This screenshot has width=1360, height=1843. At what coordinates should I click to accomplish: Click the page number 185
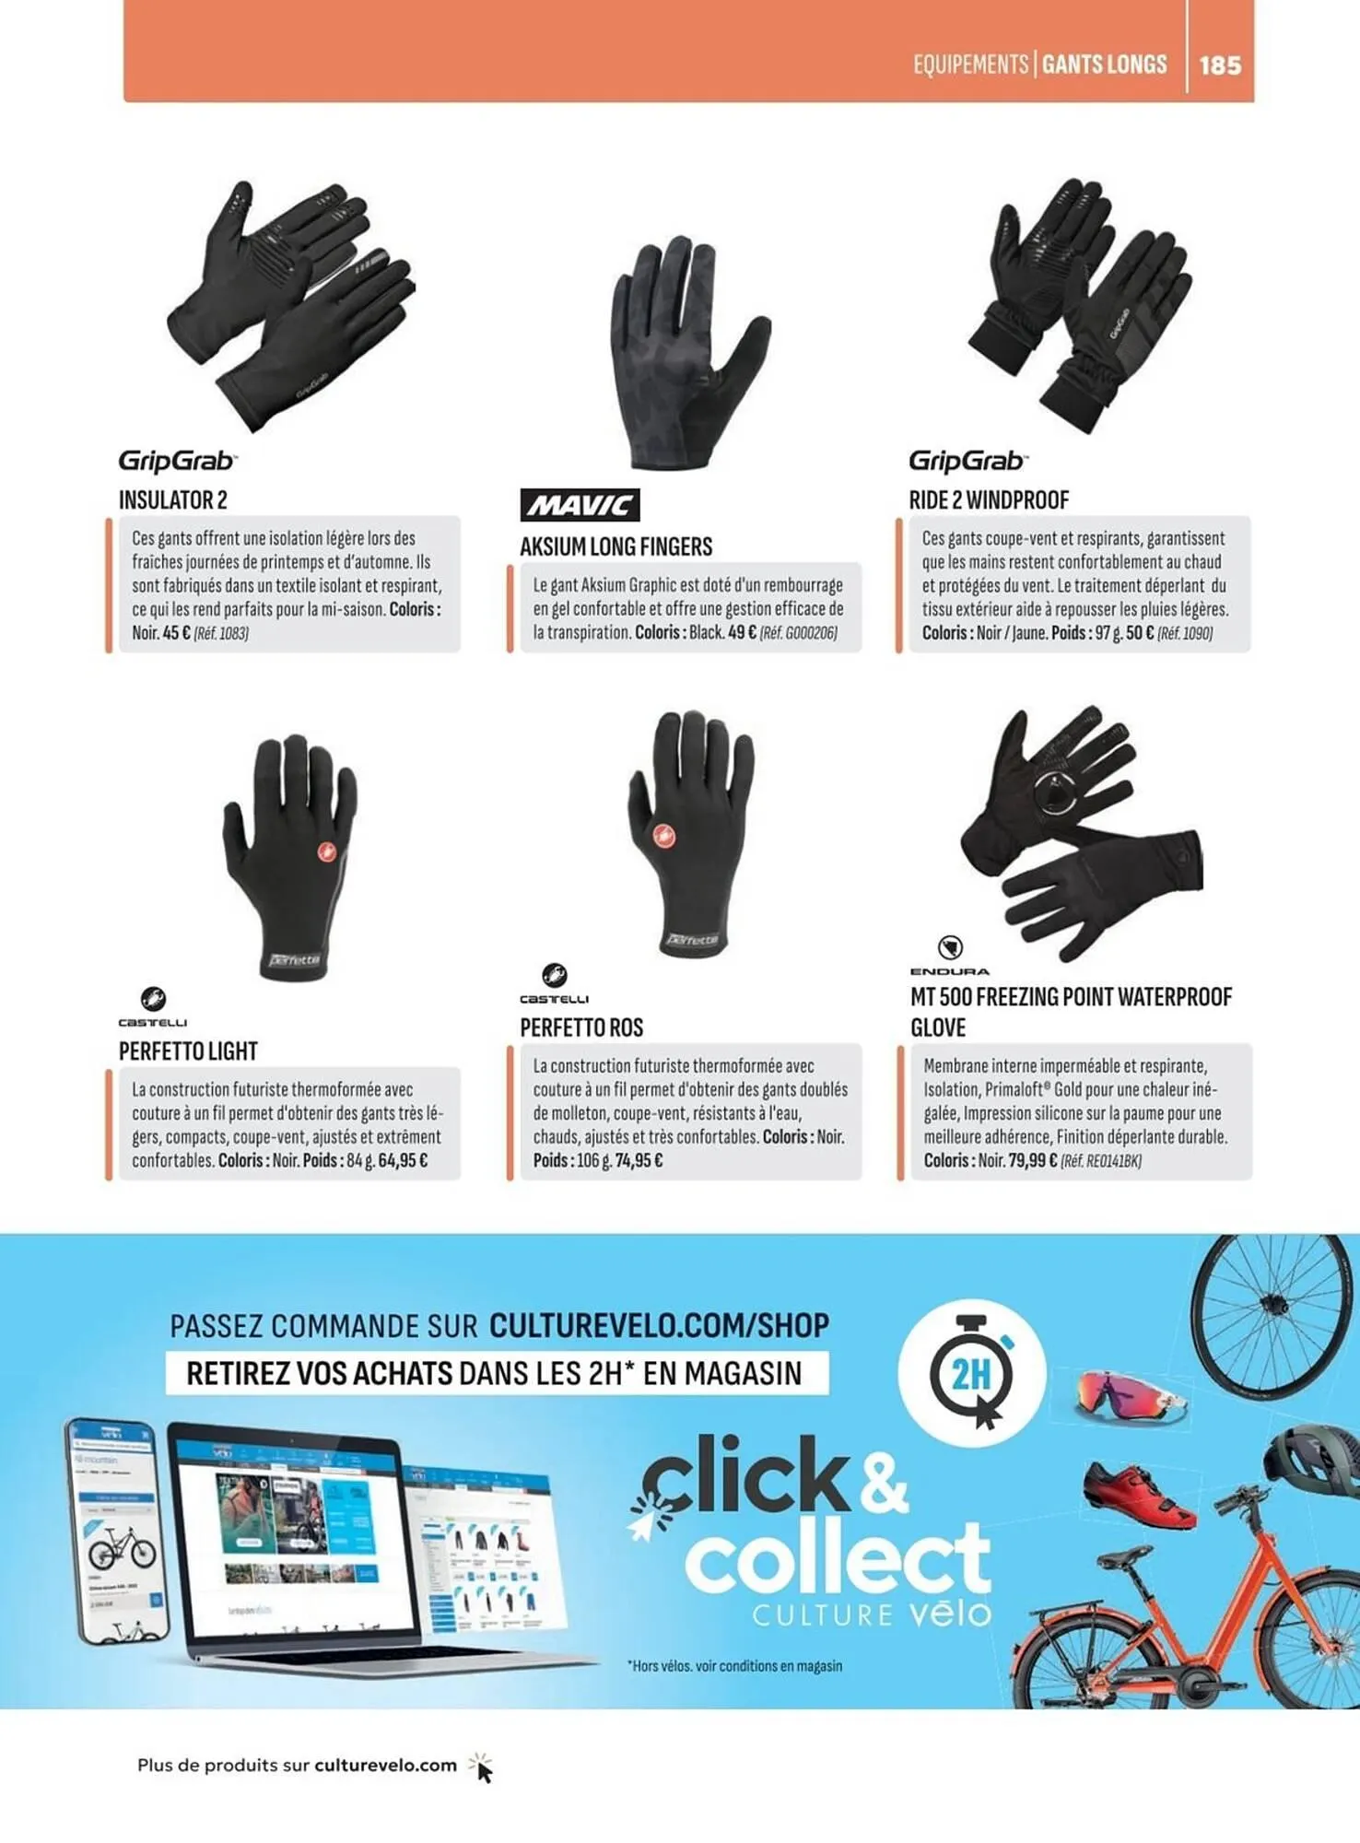1220,65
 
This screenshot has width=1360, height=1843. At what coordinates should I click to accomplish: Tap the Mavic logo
580,505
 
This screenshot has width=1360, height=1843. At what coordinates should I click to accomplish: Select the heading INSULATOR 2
172,500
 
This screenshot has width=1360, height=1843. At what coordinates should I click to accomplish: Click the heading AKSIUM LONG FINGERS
616,547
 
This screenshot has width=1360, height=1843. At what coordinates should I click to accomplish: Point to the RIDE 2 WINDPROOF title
989,500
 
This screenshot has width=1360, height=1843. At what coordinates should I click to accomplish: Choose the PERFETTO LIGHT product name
188,1051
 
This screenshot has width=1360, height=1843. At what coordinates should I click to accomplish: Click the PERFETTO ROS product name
581,1027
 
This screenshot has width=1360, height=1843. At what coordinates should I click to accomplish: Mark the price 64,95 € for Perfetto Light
403,1161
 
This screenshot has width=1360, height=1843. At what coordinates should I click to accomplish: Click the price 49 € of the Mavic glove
742,633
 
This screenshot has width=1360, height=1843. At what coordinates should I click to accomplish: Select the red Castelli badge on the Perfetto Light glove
325,852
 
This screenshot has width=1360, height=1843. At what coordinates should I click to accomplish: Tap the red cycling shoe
1140,1494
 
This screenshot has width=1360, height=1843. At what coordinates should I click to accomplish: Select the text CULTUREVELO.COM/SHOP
659,1325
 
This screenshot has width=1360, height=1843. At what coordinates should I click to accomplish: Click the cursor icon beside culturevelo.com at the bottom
481,1767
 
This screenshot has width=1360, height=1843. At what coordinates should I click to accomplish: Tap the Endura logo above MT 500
950,956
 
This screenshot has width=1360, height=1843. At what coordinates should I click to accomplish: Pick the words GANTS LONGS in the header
1104,65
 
